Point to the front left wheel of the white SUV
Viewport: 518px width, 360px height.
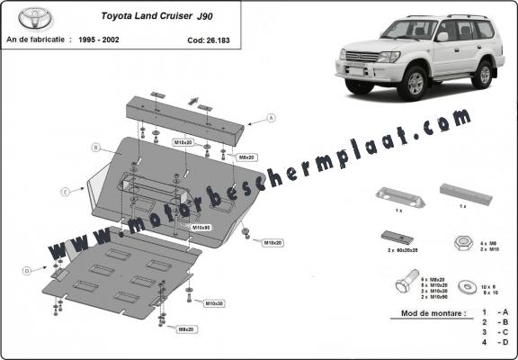(x=416, y=84)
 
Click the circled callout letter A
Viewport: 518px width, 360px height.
(x=271, y=118)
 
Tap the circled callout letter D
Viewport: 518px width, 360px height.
(x=26, y=270)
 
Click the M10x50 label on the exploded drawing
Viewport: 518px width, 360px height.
(x=201, y=227)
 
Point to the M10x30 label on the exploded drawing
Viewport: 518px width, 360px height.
(x=214, y=302)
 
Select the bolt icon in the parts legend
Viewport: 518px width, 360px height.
(x=401, y=288)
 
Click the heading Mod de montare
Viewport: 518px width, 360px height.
(x=431, y=316)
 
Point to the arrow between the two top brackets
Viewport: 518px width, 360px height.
(x=192, y=99)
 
